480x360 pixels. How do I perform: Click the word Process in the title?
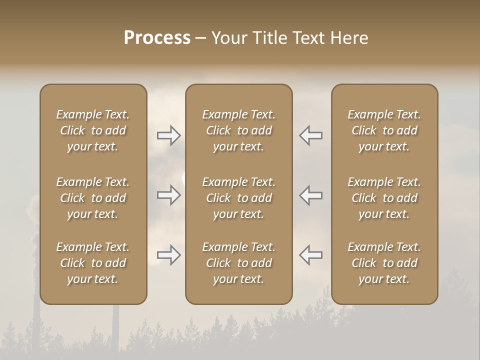157,38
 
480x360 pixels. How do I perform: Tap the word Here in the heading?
349,38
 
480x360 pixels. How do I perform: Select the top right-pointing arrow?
168,135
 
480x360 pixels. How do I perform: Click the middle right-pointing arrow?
168,195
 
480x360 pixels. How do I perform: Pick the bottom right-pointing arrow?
168,255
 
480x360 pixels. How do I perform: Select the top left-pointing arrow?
311,135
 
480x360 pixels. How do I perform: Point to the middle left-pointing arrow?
311,195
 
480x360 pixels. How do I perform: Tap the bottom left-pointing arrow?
311,255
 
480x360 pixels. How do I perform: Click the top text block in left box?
93,130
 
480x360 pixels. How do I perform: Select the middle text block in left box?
93,198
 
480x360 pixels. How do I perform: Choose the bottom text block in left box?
93,263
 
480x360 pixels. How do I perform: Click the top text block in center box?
238,130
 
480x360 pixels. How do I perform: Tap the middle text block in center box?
238,198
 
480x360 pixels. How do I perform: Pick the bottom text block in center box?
238,263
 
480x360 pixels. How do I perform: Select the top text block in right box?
384,130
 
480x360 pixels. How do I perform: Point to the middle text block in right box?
384,198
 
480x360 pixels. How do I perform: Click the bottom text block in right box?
384,263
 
